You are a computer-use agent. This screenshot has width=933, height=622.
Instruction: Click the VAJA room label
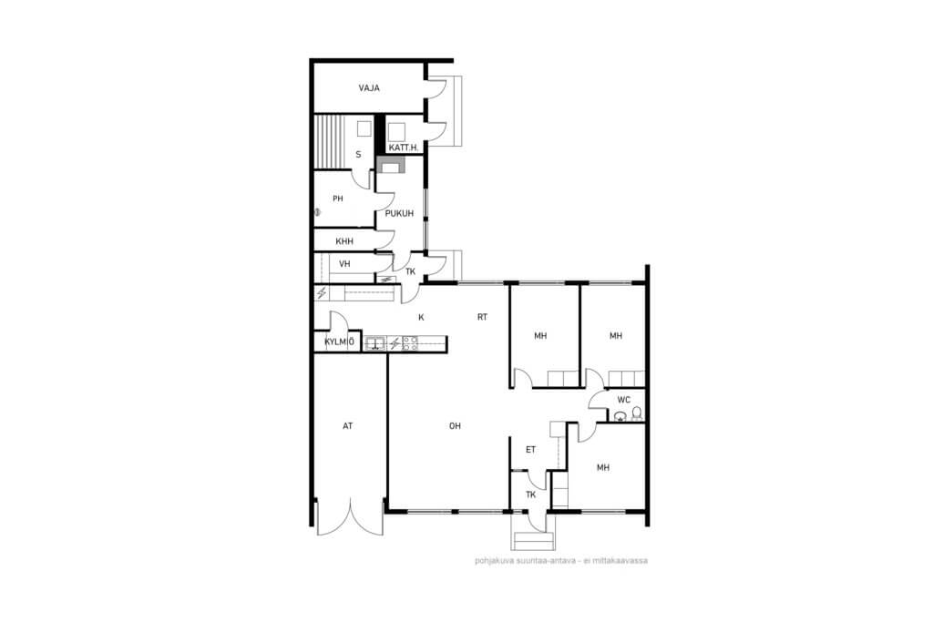click(x=369, y=88)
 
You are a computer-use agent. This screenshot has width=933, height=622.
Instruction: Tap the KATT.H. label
click(x=403, y=148)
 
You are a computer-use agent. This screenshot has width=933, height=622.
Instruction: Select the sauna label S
click(x=358, y=155)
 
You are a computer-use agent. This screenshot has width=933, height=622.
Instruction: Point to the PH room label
click(x=338, y=199)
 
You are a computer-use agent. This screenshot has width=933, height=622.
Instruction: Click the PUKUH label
click(x=399, y=213)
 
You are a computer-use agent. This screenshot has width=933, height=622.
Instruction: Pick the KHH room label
click(x=344, y=241)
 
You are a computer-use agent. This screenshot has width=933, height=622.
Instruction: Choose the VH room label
click(x=344, y=264)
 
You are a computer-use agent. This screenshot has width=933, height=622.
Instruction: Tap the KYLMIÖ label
click(x=340, y=342)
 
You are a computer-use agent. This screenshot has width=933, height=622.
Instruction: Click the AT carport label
click(x=347, y=426)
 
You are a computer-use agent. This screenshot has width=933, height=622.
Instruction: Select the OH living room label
click(x=456, y=426)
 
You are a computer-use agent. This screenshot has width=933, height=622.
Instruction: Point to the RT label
click(x=483, y=318)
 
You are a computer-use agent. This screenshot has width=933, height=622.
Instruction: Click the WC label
click(x=623, y=400)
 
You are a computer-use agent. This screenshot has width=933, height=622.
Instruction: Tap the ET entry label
click(x=531, y=450)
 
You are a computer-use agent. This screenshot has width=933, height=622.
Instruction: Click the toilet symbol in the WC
click(x=637, y=413)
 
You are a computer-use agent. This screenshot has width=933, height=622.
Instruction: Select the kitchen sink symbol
click(x=374, y=343)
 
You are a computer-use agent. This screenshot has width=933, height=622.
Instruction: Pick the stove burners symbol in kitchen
click(x=410, y=343)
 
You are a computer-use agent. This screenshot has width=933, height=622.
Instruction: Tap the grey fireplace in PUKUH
click(x=391, y=165)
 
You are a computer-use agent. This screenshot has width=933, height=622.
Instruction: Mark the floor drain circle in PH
click(x=317, y=211)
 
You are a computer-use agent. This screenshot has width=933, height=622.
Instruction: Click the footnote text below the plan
click(x=561, y=560)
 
